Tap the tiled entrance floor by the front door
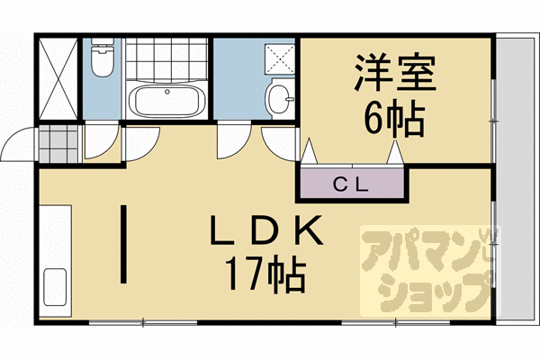click(x=58, y=142)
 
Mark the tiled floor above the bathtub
click(x=166, y=61)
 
